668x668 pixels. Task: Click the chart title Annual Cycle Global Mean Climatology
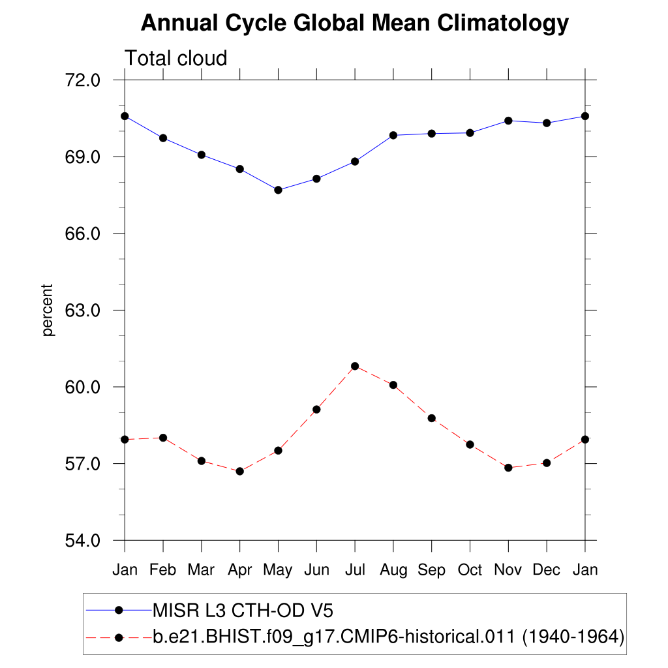click(355, 23)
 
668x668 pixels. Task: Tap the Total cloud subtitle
click(175, 59)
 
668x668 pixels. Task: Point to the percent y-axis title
click(48, 310)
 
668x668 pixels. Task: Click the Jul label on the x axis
click(355, 569)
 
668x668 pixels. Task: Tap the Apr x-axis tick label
click(239, 569)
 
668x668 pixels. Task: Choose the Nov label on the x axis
click(508, 569)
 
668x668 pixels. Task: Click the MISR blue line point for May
click(278, 190)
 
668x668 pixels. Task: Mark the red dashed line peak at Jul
click(355, 366)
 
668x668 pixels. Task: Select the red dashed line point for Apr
click(239, 471)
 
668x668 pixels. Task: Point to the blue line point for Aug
click(393, 135)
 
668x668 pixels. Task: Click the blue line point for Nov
click(508, 121)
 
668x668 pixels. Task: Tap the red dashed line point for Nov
click(508, 468)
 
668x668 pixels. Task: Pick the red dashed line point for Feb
click(163, 438)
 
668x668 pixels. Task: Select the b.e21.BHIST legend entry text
click(388, 637)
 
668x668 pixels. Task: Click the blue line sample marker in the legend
click(119, 611)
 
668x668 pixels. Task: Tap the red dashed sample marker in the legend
click(119, 637)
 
